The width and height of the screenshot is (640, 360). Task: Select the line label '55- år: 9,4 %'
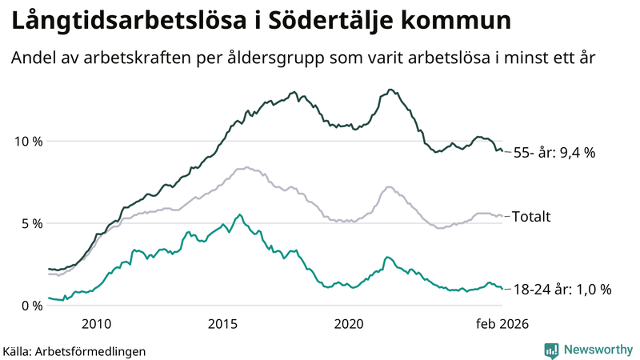coord(554,152)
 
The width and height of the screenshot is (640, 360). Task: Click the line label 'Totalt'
coord(531,216)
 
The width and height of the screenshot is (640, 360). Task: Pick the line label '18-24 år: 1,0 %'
coord(562,289)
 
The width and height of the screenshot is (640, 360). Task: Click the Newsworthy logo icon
coord(551,350)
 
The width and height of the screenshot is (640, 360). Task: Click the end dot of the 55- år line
coord(502,151)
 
